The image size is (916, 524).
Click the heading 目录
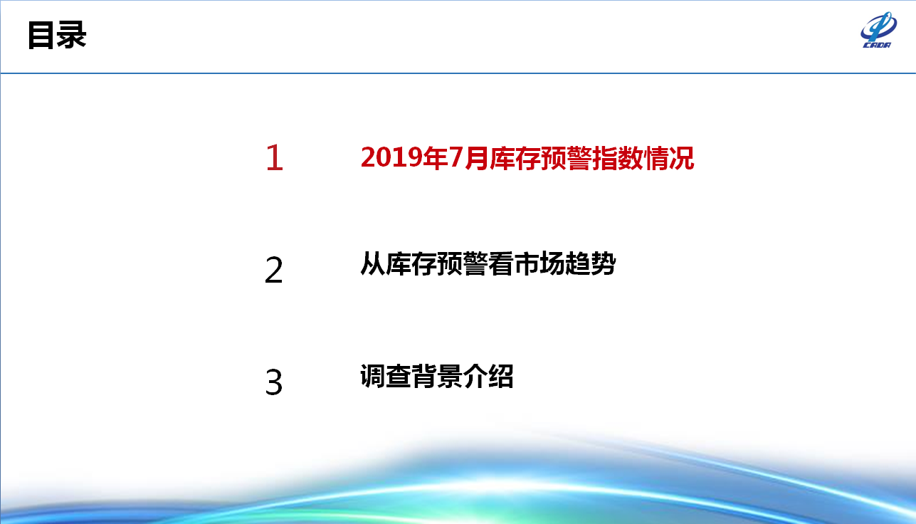pyautogui.click(x=57, y=35)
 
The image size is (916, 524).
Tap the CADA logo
pyautogui.click(x=878, y=30)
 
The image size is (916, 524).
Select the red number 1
pyautogui.click(x=275, y=157)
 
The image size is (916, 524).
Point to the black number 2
pyautogui.click(x=273, y=270)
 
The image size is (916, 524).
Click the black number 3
pyautogui.click(x=273, y=382)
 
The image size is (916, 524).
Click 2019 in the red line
pyautogui.click(x=391, y=158)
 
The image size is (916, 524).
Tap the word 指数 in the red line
pyautogui.click(x=618, y=158)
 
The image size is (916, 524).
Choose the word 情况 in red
pyautogui.click(x=669, y=158)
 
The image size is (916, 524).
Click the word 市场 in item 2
pyautogui.click(x=539, y=264)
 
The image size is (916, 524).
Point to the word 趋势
pyautogui.click(x=591, y=264)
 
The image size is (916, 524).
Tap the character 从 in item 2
pyautogui.click(x=373, y=264)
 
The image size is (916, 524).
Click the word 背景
pyautogui.click(x=437, y=376)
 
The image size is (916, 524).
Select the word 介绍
pyautogui.click(x=488, y=376)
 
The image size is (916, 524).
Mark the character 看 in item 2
pyautogui.click(x=501, y=264)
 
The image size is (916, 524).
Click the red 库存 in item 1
pyautogui.click(x=515, y=158)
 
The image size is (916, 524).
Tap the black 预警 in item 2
pyautogui.click(x=463, y=264)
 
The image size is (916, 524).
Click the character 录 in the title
pyautogui.click(x=72, y=35)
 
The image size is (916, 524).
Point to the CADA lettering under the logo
pyautogui.click(x=877, y=45)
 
